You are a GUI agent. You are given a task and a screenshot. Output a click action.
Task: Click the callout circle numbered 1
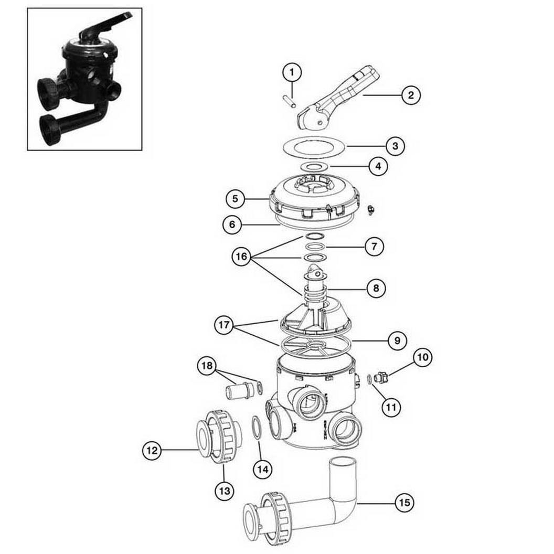click(292, 72)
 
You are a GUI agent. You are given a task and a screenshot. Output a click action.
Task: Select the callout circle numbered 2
click(411, 95)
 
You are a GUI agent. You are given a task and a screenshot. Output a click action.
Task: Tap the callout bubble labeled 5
click(236, 199)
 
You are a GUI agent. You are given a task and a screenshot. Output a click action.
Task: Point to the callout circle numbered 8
click(376, 289)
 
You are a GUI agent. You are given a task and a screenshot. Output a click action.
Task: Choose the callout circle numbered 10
click(423, 357)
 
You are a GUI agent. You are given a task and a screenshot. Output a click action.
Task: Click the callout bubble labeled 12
click(152, 451)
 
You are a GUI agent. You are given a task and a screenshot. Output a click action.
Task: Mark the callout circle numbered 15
click(404, 503)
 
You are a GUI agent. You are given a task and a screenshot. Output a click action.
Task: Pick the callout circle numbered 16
click(241, 257)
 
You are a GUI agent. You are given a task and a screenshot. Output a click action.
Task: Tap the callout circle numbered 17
click(224, 325)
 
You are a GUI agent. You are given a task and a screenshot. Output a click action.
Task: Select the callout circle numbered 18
click(207, 366)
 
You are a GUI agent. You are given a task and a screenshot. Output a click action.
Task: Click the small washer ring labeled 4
click(314, 166)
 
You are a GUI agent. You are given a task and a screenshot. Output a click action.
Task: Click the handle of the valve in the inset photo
click(105, 25)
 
